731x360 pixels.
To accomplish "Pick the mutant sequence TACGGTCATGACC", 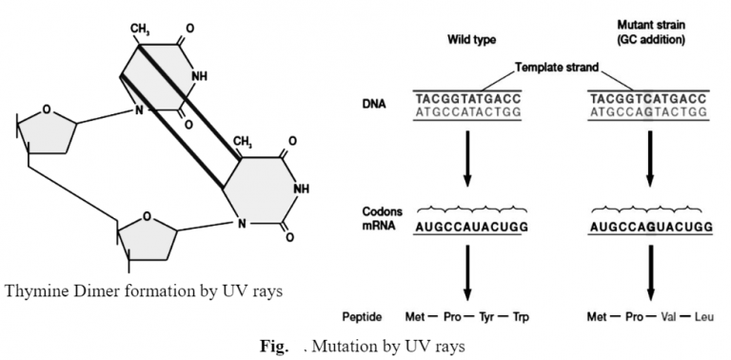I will pos(649,97).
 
